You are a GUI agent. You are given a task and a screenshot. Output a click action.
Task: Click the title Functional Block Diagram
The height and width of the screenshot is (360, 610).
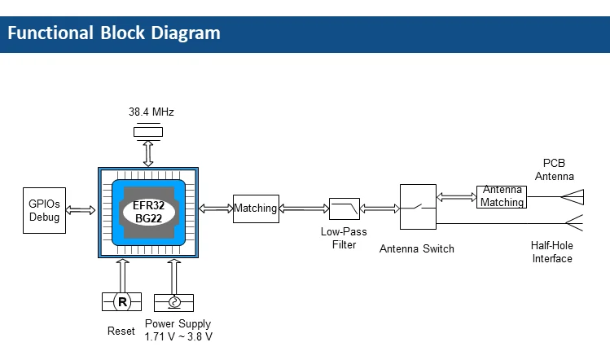pyautogui.click(x=114, y=33)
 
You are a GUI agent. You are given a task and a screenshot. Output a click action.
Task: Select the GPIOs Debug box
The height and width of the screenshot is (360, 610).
pyautogui.click(x=45, y=211)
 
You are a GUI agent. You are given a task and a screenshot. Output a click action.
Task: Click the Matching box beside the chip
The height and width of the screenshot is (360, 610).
pyautogui.click(x=256, y=209)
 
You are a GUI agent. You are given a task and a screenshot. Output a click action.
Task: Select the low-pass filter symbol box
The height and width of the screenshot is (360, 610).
pyautogui.click(x=344, y=209)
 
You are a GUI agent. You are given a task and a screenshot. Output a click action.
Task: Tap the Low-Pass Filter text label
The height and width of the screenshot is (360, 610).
pyautogui.click(x=344, y=238)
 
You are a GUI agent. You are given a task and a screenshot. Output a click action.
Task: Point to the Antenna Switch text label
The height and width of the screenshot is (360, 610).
pyautogui.click(x=417, y=248)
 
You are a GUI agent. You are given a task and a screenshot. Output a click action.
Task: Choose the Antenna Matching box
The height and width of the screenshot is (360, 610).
pyautogui.click(x=502, y=196)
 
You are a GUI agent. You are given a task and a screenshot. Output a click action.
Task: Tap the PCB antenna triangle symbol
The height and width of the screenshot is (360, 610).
pyautogui.click(x=574, y=195)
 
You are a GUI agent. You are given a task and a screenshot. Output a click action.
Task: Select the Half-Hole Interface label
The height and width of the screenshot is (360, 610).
pyautogui.click(x=552, y=252)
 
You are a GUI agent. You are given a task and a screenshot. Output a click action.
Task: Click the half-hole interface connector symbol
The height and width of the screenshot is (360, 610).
pyautogui.click(x=574, y=222)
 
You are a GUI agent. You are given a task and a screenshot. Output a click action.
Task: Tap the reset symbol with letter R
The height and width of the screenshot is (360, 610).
pyautogui.click(x=123, y=302)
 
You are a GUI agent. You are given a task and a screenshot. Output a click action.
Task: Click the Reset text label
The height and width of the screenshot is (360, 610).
pyautogui.click(x=121, y=331)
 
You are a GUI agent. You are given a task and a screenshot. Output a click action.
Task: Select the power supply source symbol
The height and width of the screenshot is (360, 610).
pyautogui.click(x=173, y=302)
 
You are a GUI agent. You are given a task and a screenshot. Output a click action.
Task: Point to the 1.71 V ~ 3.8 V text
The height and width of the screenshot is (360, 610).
pyautogui.click(x=178, y=336)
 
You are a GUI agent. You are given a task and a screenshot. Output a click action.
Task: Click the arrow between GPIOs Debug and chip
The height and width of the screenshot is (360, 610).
pyautogui.click(x=81, y=211)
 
